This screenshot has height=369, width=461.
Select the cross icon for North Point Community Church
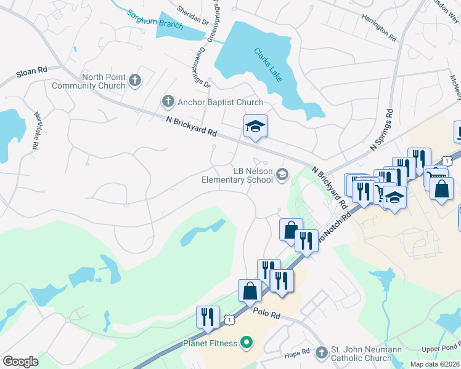coord(135,79)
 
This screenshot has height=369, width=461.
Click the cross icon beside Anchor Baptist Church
coord(167,101)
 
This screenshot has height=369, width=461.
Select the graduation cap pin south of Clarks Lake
coord(256,127)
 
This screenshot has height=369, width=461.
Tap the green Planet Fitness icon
coord(246,343)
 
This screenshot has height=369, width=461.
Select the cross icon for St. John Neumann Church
coord(320,352)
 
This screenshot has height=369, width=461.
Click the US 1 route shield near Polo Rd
coord(229,319)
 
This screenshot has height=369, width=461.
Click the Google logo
coord(20,361)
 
